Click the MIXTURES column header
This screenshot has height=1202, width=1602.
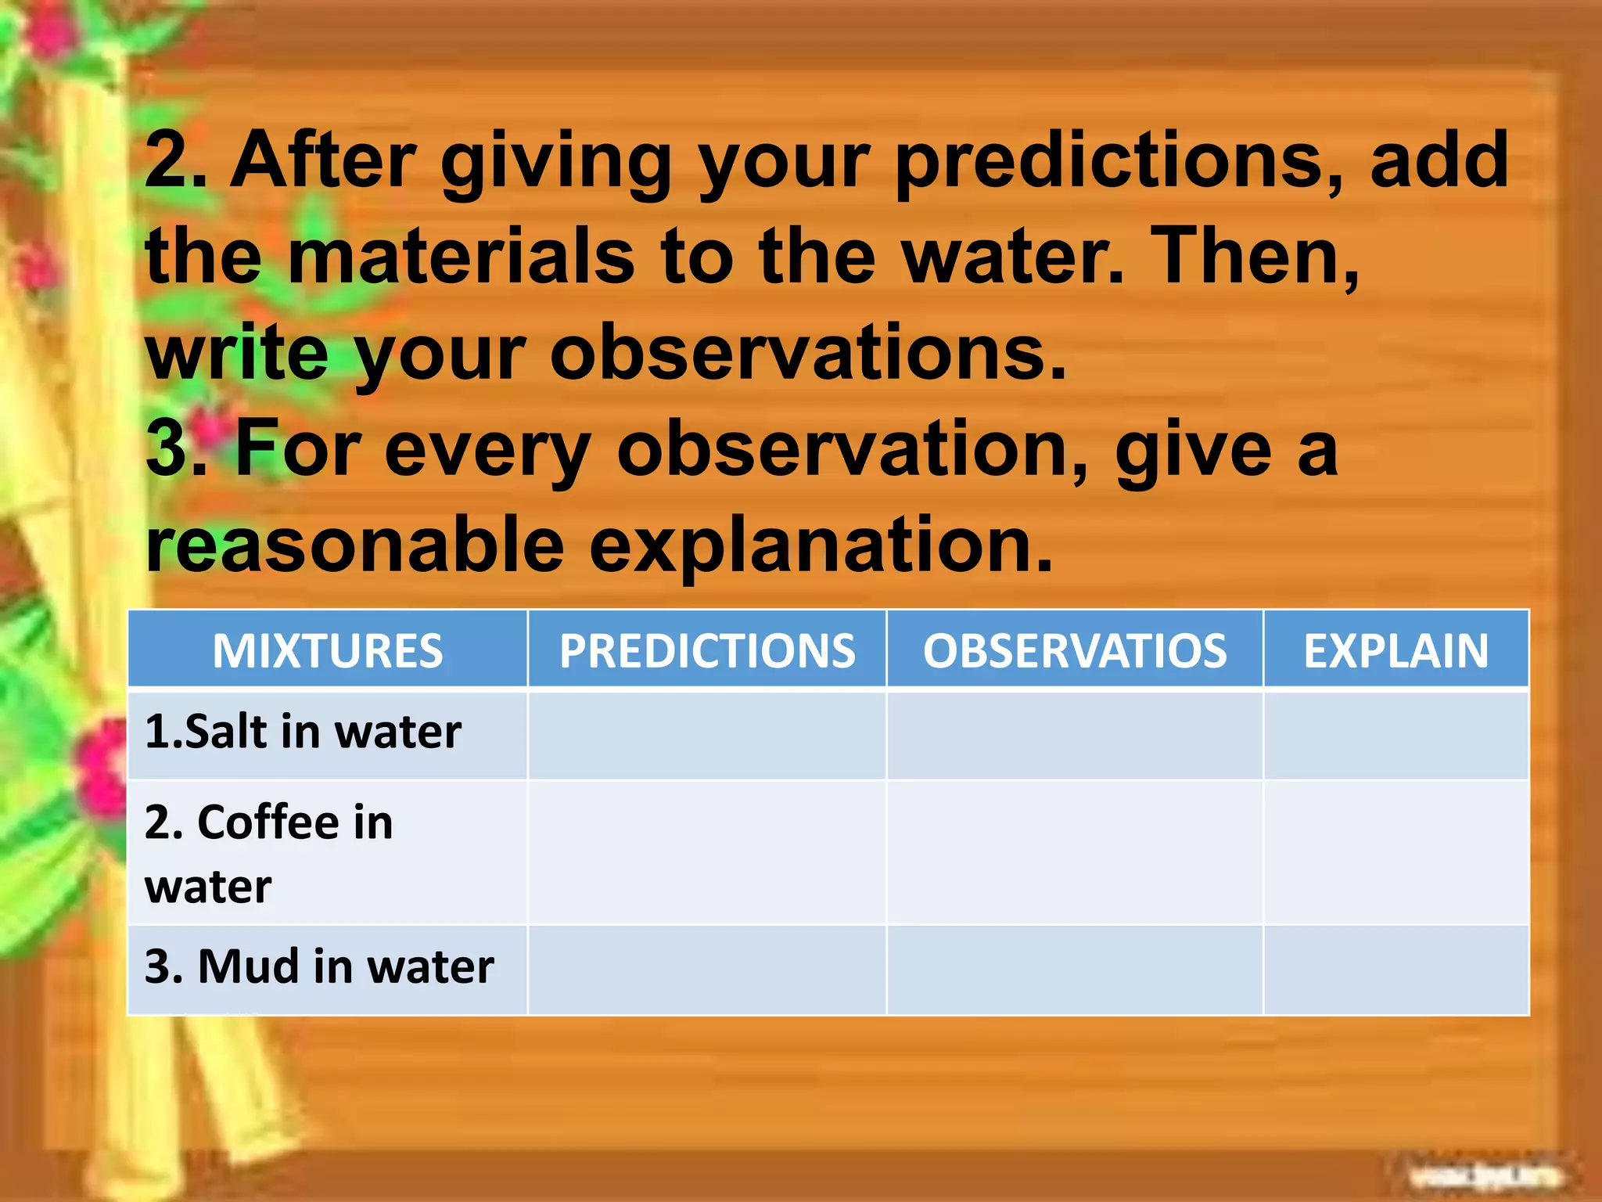click(x=327, y=650)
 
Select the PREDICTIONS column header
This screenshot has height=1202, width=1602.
click(x=707, y=650)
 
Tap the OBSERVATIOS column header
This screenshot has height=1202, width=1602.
click(x=1075, y=650)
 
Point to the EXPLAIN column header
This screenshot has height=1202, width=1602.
click(x=1395, y=650)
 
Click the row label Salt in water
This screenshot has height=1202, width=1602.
click(x=304, y=732)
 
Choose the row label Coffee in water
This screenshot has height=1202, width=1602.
click(x=268, y=853)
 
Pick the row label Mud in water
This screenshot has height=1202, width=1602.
click(x=319, y=967)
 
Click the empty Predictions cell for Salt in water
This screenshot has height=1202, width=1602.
click(x=707, y=735)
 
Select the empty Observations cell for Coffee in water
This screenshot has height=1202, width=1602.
click(x=1075, y=853)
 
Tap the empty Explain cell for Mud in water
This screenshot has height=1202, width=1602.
click(x=1395, y=970)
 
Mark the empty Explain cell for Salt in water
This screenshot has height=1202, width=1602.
click(x=1395, y=735)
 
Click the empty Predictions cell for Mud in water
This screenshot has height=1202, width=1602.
click(x=707, y=970)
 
